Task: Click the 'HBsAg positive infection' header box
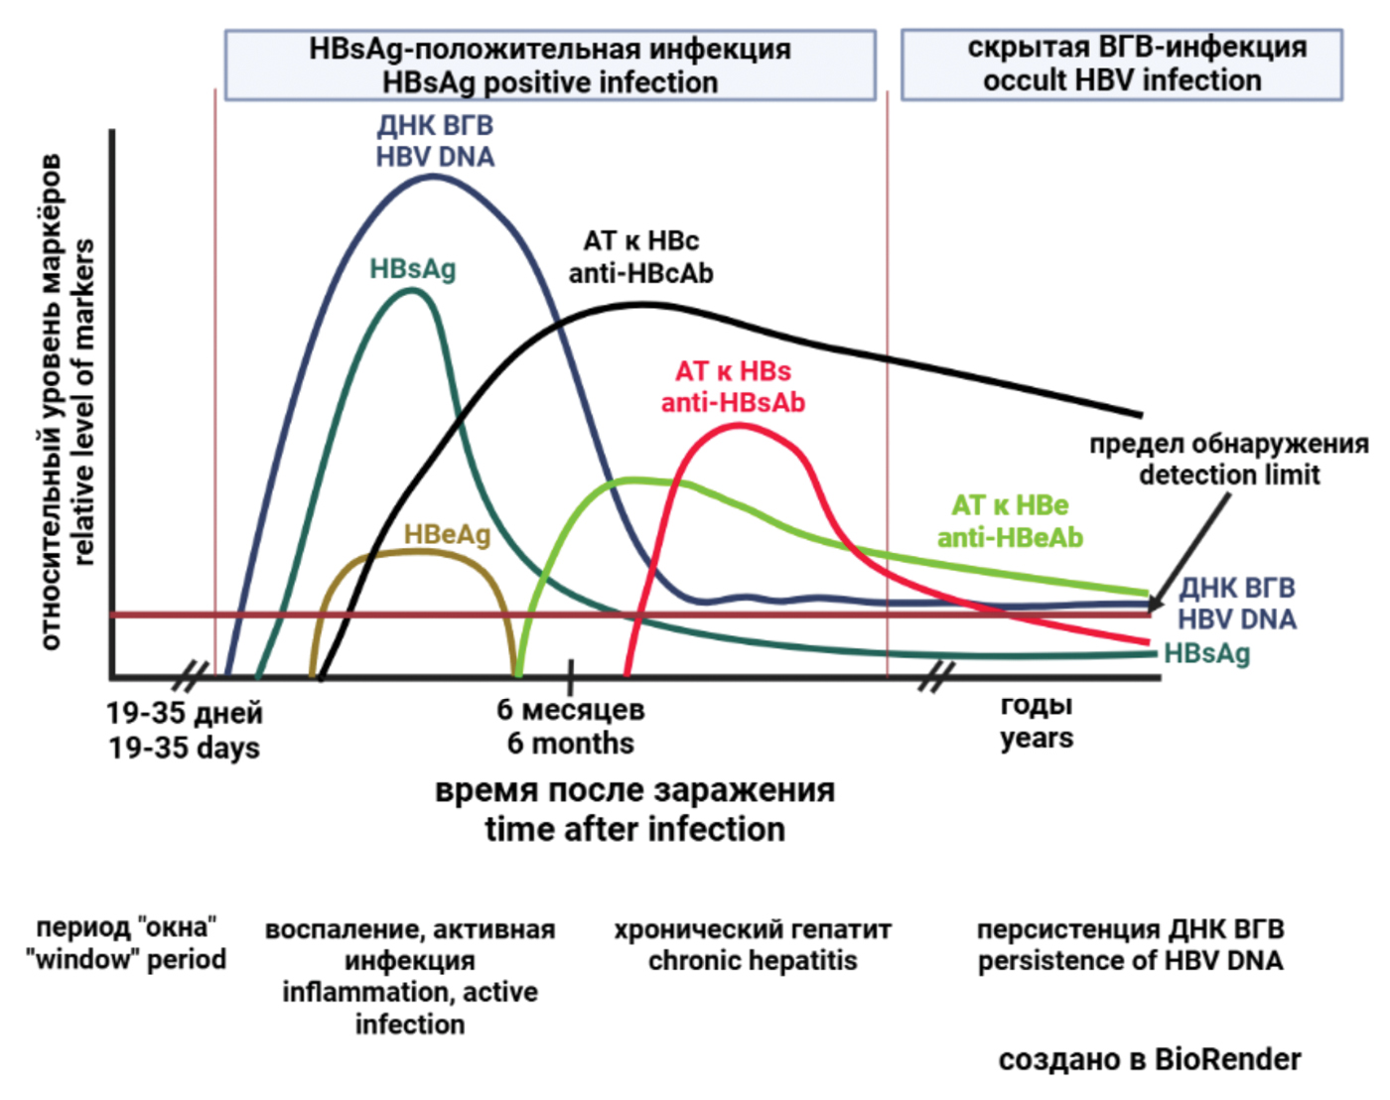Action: pos(550,66)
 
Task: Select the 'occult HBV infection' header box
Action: pos(1121,65)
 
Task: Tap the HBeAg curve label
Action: pos(447,535)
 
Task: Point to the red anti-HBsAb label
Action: pos(733,387)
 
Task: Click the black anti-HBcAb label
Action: pos(640,257)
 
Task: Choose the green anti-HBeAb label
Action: pos(1010,521)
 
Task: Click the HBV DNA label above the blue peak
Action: pos(435,141)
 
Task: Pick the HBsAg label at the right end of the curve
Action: pos(1206,653)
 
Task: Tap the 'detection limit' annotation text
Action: pos(1229,460)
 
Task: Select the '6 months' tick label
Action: pos(570,727)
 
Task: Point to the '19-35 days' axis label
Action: pos(185,731)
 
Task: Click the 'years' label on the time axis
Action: pos(1037,722)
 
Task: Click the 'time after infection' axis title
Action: pos(634,810)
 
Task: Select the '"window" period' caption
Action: pos(126,943)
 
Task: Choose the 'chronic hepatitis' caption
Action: pos(753,945)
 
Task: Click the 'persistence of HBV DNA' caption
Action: pos(1130,945)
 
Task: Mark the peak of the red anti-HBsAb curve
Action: pos(740,425)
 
